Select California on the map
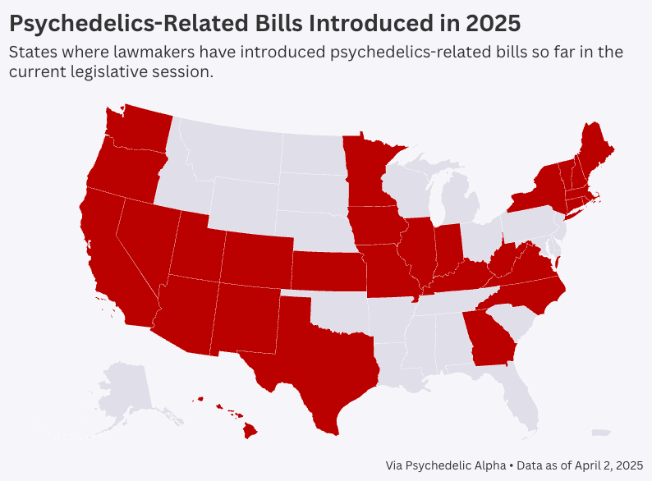point(111,254)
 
